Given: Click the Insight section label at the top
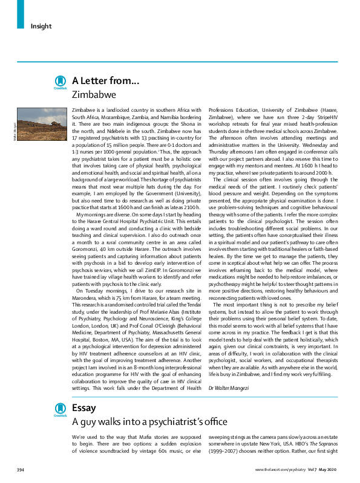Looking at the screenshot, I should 41,26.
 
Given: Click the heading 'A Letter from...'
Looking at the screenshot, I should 105,80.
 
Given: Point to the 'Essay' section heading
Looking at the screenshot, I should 83,408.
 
